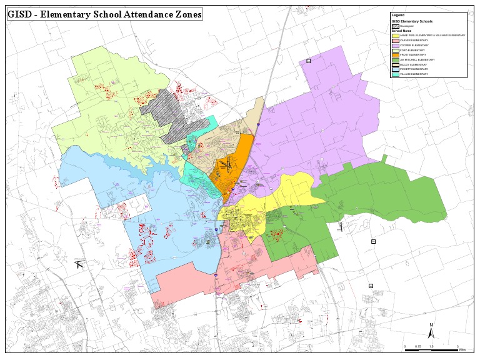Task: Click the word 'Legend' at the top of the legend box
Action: click(x=397, y=14)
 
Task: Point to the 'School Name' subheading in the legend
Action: click(x=402, y=30)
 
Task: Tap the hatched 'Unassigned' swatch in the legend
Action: click(x=395, y=26)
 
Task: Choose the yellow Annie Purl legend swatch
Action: click(x=395, y=35)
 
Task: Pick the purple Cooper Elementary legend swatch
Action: click(x=395, y=45)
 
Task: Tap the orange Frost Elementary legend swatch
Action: click(x=395, y=54)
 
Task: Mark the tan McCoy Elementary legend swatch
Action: click(x=395, y=64)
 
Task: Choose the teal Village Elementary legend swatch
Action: click(x=395, y=74)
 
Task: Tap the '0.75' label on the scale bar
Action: click(x=418, y=346)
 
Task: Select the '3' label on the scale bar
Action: click(x=457, y=346)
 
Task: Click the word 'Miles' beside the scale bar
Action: click(x=462, y=351)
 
